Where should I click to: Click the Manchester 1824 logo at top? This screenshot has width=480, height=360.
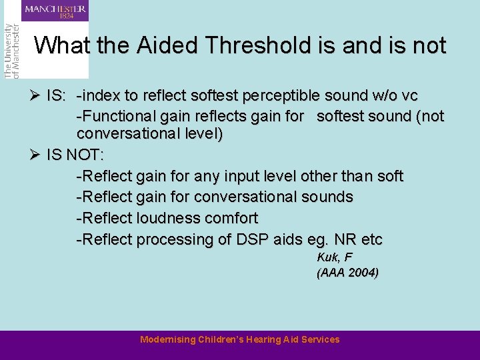pos(55,11)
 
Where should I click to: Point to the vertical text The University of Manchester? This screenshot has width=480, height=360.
pos(11,51)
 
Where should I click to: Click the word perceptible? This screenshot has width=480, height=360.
pos(283,95)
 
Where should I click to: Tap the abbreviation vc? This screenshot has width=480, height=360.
pos(411,95)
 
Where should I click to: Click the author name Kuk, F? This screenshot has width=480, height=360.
pos(334,257)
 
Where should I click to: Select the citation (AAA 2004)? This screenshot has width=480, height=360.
pos(347,272)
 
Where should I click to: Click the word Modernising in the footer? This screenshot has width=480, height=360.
pos(168,340)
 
